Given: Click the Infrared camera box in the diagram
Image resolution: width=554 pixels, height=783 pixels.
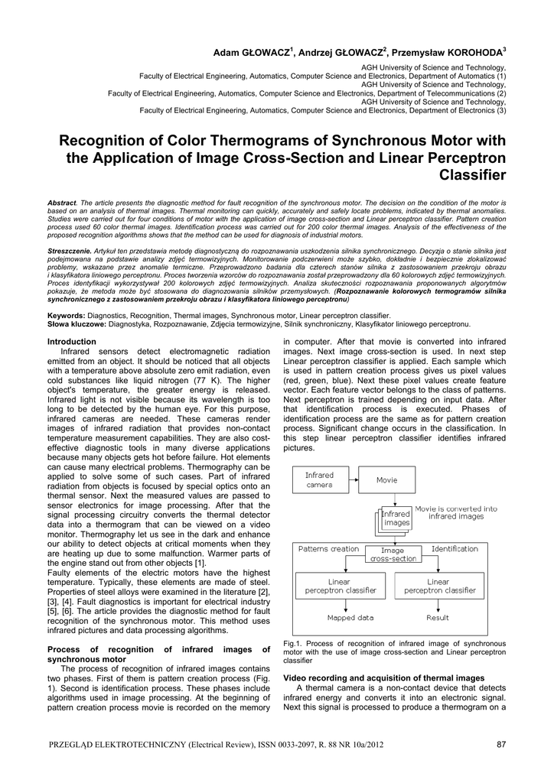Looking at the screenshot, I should (x=319, y=480).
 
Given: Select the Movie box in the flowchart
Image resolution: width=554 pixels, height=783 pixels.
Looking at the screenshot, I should (x=387, y=480).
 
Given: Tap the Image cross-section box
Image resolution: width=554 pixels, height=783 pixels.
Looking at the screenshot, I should (x=394, y=554).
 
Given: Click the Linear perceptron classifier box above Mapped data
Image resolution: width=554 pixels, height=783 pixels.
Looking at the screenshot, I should (x=341, y=586).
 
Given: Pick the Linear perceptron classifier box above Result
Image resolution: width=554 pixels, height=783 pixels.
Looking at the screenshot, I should (x=439, y=586).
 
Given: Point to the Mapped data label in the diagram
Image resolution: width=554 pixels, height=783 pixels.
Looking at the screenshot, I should (x=350, y=618).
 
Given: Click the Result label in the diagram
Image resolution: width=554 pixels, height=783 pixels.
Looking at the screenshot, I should (x=438, y=618).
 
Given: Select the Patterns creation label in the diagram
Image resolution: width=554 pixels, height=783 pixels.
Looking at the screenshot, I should (x=328, y=549).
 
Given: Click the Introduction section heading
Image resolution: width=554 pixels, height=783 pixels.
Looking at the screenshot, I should (x=72, y=342).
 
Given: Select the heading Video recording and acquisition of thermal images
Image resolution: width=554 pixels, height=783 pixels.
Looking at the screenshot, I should (x=384, y=678).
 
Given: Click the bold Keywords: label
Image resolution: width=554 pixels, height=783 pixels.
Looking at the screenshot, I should (x=66, y=315).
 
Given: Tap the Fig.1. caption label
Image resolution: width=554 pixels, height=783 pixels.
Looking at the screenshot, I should (x=294, y=644).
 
